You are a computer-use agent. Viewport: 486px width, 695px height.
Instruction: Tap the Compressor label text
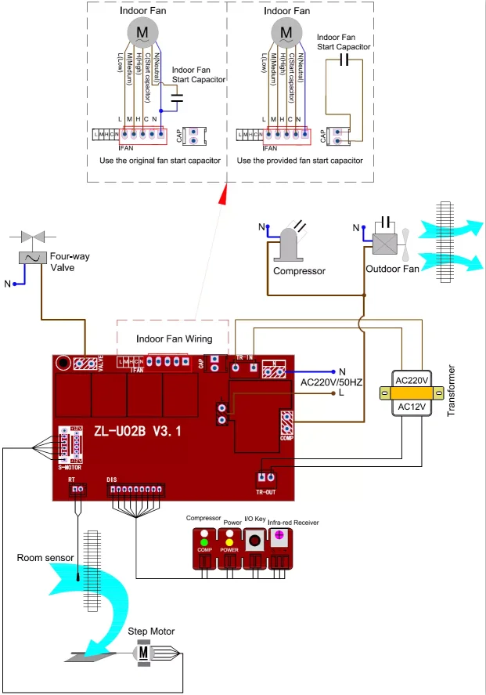click(x=299, y=272)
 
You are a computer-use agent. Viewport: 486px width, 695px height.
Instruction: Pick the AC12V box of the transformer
click(x=412, y=406)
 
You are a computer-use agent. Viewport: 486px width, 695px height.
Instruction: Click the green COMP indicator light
click(x=204, y=541)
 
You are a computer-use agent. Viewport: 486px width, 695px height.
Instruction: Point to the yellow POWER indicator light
click(x=230, y=541)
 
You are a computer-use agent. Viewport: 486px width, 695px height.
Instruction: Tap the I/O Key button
click(x=255, y=541)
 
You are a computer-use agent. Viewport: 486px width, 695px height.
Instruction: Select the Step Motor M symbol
click(x=143, y=652)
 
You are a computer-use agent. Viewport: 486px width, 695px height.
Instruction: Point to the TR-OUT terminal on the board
click(x=266, y=477)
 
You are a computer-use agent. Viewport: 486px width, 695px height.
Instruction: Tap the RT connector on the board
click(x=77, y=488)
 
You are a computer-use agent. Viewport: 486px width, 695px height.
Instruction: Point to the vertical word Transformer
click(x=452, y=391)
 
